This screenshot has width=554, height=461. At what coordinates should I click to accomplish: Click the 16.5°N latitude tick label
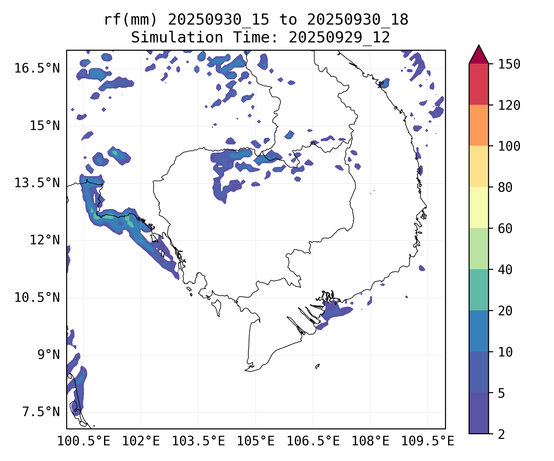point(37,68)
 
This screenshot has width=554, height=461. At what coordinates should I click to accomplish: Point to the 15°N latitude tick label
point(45,126)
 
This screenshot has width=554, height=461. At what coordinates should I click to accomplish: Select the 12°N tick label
point(45,240)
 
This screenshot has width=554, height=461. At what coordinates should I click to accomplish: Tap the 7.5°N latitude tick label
point(41,412)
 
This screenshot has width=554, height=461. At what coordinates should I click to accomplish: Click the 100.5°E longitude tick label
point(84,441)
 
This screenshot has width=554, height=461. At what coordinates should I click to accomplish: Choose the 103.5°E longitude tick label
point(198,441)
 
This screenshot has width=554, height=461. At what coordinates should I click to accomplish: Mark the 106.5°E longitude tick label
point(313,441)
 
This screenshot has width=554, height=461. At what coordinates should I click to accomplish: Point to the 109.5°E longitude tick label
point(428,441)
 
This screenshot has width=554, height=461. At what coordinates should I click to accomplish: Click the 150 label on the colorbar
point(509,64)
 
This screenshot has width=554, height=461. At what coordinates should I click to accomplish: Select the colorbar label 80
point(505,187)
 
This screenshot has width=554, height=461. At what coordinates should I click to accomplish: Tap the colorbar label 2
point(501,434)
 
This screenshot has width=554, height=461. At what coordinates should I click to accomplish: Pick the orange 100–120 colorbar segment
point(479,125)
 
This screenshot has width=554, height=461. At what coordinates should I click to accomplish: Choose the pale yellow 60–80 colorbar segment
point(479,207)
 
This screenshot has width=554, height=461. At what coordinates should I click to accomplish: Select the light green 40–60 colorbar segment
point(479,249)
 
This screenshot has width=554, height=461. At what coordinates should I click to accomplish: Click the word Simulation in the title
point(177,37)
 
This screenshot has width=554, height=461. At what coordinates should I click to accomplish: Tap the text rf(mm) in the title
point(130,20)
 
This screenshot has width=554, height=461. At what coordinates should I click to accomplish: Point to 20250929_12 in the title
point(339,37)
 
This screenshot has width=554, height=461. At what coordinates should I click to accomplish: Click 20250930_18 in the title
point(358,20)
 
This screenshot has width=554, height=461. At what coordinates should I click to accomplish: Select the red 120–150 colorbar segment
point(479,84)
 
